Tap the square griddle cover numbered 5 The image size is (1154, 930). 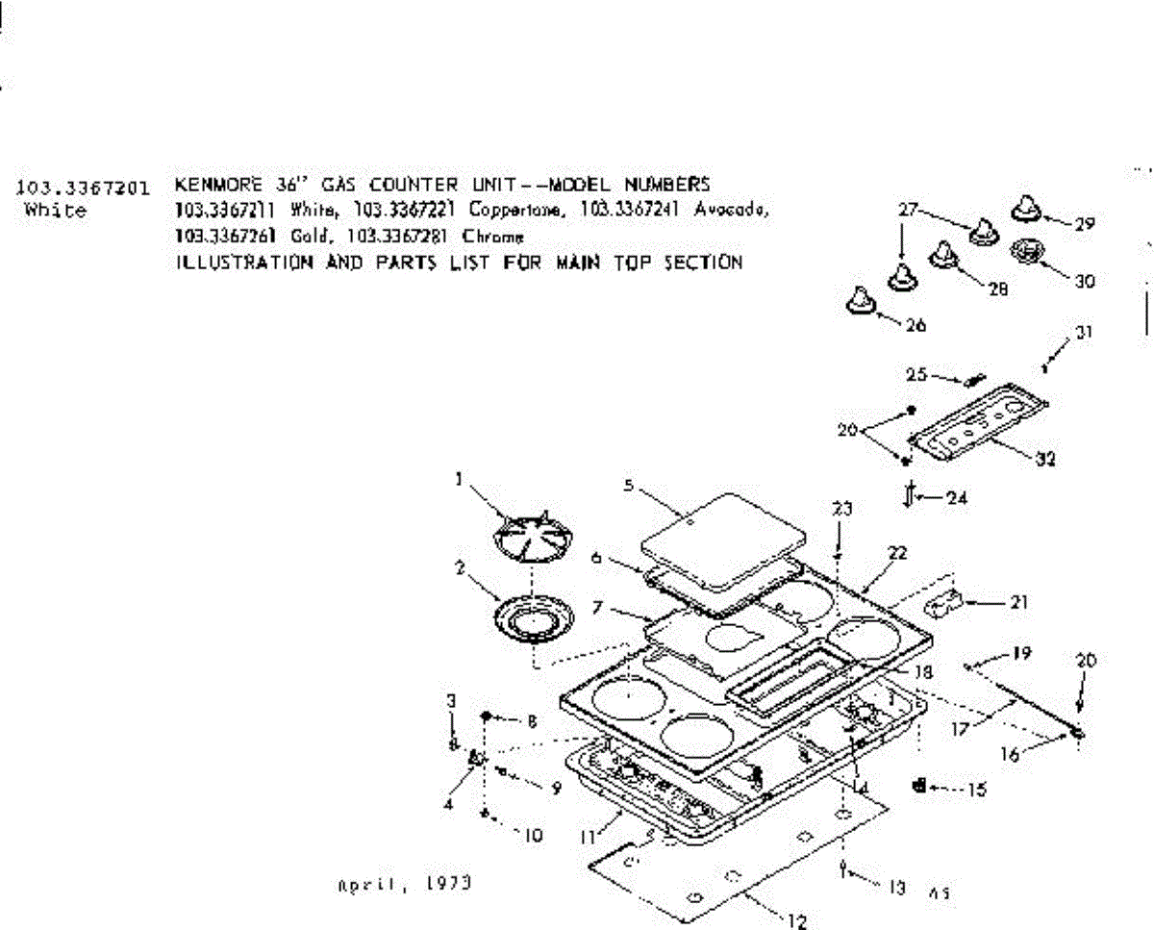point(722,540)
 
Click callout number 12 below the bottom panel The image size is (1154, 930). point(796,921)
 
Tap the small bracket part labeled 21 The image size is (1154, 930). point(944,604)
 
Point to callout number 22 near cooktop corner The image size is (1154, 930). point(897,553)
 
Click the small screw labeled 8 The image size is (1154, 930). point(489,717)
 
